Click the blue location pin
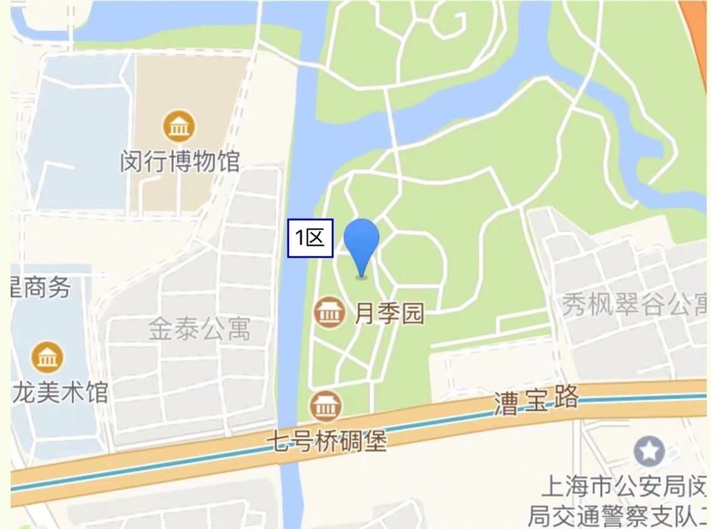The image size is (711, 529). pyautogui.click(x=362, y=243)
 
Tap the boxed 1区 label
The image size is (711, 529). pyautogui.click(x=310, y=238)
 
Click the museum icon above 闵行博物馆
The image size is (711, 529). pyautogui.click(x=179, y=127)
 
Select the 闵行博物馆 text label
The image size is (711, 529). pyautogui.click(x=180, y=161)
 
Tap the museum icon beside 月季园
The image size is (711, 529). pyautogui.click(x=330, y=313)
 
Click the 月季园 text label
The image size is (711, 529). pyautogui.click(x=390, y=313)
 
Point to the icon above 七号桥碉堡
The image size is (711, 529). pyautogui.click(x=326, y=407)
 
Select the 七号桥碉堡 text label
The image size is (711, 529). pyautogui.click(x=326, y=440)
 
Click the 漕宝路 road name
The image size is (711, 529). pyautogui.click(x=536, y=400)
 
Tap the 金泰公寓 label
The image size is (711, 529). pyautogui.click(x=199, y=329)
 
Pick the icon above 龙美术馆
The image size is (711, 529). pyautogui.click(x=47, y=357)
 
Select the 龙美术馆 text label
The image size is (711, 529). pyautogui.click(x=61, y=392)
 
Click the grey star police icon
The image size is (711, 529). pyautogui.click(x=648, y=452)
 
